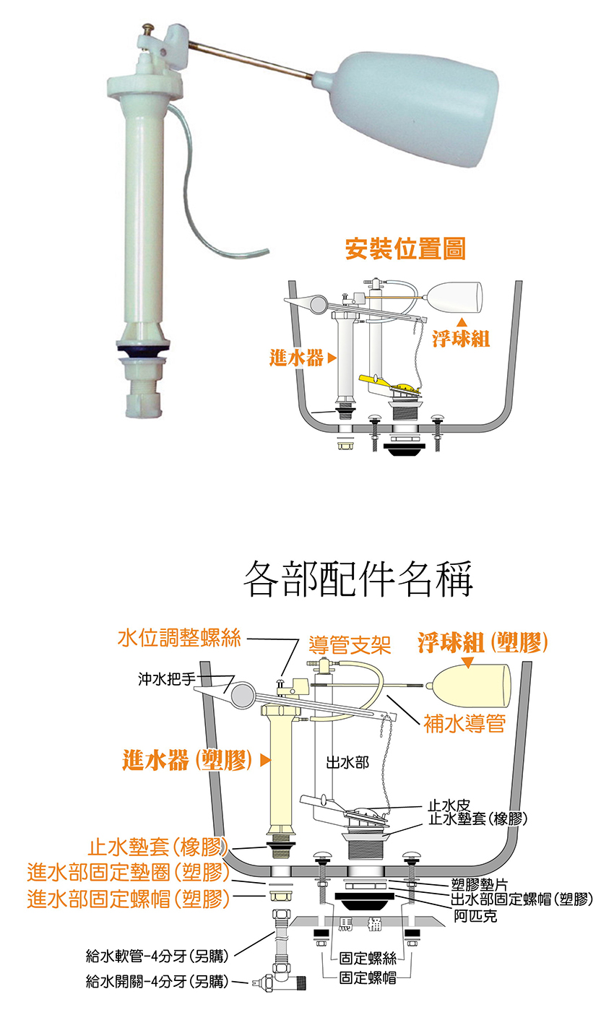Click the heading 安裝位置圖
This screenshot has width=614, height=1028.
[405, 250]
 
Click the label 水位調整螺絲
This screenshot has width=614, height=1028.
[180, 638]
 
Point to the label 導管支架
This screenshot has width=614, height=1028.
[350, 644]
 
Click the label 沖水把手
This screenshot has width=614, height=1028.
[166, 679]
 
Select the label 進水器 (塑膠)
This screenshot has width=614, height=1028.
[187, 760]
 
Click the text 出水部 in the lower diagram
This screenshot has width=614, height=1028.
[347, 763]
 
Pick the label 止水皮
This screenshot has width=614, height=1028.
[449, 805]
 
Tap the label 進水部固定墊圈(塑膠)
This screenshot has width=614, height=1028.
[128, 873]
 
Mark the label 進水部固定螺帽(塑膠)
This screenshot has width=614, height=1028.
[128, 899]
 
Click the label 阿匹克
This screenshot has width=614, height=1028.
[475, 916]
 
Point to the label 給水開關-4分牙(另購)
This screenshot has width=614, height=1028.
[157, 982]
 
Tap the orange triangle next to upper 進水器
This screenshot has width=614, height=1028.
[332, 358]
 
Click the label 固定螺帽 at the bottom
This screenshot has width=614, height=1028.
[368, 978]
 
